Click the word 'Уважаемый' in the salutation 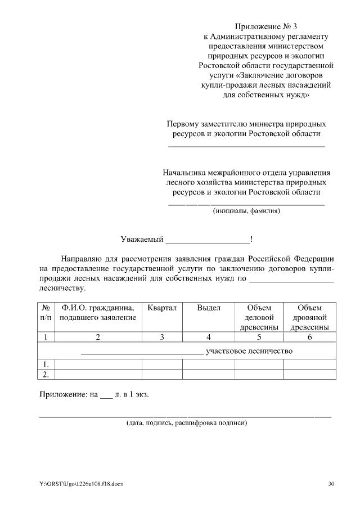pyautogui.click(x=141, y=240)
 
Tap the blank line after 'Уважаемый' pyautogui.click(x=208, y=241)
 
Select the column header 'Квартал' pyautogui.click(x=162, y=308)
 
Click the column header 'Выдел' pyautogui.click(x=209, y=308)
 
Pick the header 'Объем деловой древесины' pyautogui.click(x=259, y=318)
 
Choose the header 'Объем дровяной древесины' pyautogui.click(x=309, y=318)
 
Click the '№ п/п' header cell pyautogui.click(x=46, y=313)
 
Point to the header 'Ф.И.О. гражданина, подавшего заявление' pyautogui.click(x=98, y=313)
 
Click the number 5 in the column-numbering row pyautogui.click(x=259, y=337)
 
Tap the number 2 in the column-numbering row pyautogui.click(x=98, y=337)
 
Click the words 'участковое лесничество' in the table pyautogui.click(x=250, y=351)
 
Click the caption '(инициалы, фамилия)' pyautogui.click(x=246, y=211)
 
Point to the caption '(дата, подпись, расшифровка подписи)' pyautogui.click(x=186, y=422)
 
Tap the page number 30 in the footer pyautogui.click(x=331, y=484)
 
